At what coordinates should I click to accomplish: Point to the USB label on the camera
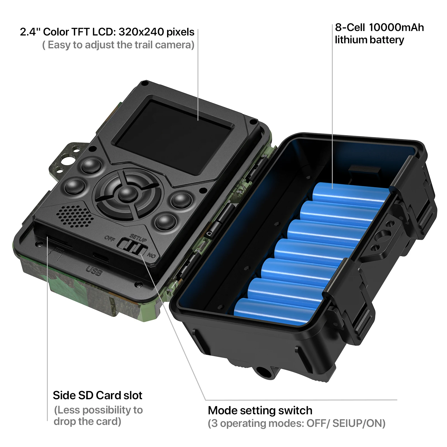point(94,271)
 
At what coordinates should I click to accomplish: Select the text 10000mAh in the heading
point(396,27)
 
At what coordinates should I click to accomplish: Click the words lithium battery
point(369,40)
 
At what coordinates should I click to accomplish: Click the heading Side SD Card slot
point(98,395)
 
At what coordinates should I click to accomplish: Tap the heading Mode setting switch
point(260,410)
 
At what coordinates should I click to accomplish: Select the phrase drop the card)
point(87,421)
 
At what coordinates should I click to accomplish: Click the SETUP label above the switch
point(138,238)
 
